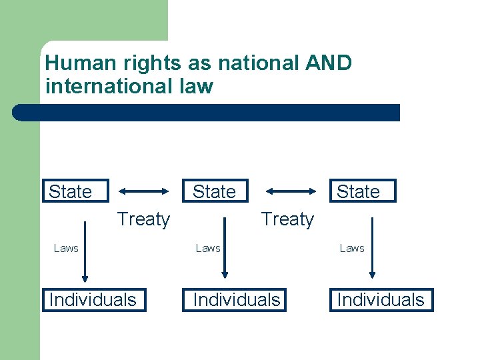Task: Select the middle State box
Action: (x=214, y=191)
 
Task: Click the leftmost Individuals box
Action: (x=92, y=299)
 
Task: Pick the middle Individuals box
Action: (x=236, y=299)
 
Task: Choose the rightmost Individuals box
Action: (x=380, y=299)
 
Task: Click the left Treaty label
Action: (x=143, y=219)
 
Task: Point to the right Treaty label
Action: (x=287, y=219)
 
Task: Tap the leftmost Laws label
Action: (x=66, y=248)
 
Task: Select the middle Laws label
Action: (x=208, y=248)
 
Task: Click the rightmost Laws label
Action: (x=352, y=248)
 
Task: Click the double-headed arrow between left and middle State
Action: (x=145, y=191)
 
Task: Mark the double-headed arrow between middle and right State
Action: (x=291, y=191)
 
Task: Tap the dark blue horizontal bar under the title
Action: (x=207, y=112)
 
